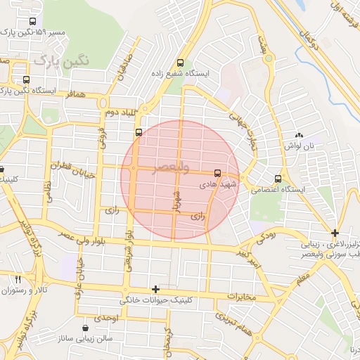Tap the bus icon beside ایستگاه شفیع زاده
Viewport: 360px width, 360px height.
[x=181, y=62]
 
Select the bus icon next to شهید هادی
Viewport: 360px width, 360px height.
[x=217, y=172]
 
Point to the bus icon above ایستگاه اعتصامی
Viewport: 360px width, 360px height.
[x=278, y=179]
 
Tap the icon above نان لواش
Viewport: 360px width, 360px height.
[x=299, y=135]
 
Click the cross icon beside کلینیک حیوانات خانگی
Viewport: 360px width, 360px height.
[x=155, y=289]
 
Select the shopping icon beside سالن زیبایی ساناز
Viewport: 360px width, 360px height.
[x=86, y=328]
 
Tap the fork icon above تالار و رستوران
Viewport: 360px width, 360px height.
[x=18, y=279]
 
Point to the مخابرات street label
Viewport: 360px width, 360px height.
[x=242, y=297]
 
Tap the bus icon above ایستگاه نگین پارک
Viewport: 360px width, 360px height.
[x=26, y=79]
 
